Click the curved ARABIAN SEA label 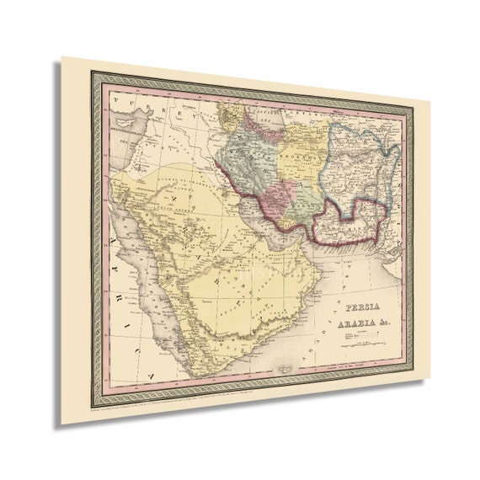click(x=337, y=354)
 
